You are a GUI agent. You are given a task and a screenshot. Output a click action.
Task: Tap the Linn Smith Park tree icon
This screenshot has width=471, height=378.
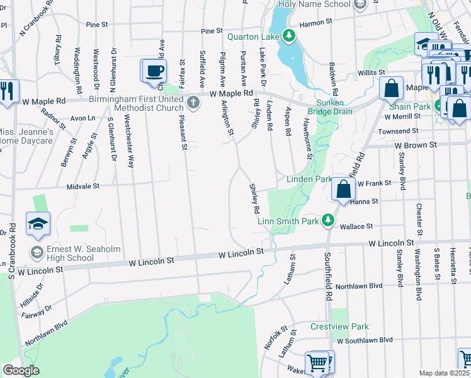[x=327, y=220]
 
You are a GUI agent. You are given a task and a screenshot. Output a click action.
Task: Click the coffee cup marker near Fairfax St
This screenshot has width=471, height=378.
[x=154, y=71]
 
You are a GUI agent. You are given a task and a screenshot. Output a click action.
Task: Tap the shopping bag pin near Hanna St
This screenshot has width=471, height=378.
[x=343, y=189]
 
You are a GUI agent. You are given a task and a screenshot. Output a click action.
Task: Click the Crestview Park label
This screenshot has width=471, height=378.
[x=339, y=327]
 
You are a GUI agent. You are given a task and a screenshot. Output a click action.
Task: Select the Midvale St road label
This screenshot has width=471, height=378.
[x=83, y=186]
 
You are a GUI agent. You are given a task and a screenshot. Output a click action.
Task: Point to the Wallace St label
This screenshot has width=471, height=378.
[x=357, y=226]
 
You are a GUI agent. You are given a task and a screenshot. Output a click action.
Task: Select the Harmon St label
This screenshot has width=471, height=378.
[x=315, y=23]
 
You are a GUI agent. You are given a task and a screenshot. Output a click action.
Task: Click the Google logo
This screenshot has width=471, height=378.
[x=21, y=370]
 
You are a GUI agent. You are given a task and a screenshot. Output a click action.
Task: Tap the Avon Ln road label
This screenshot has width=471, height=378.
[x=82, y=118]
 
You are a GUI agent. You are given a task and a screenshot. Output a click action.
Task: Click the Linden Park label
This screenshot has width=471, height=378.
[x=309, y=180]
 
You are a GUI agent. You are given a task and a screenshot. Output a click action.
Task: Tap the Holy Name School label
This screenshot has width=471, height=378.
[x=314, y=4]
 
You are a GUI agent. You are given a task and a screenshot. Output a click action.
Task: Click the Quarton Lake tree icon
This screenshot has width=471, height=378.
[x=289, y=35]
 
